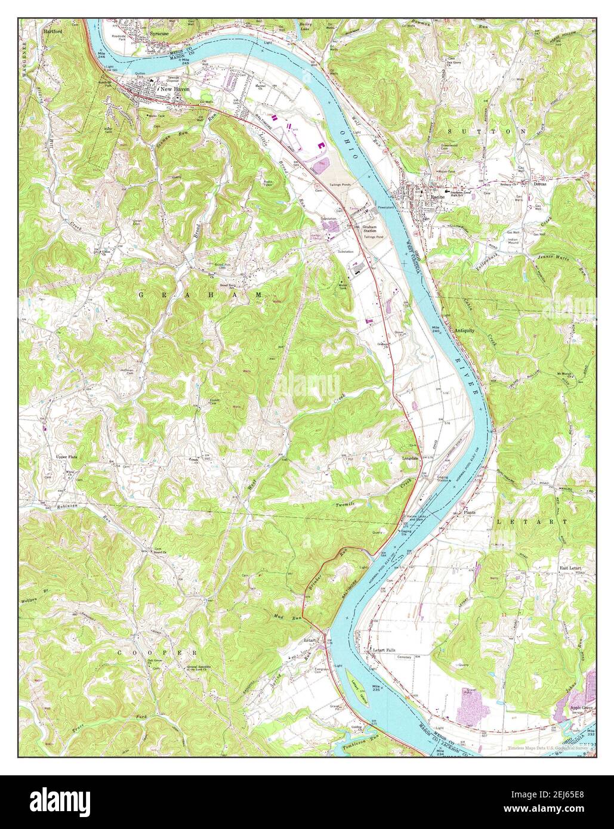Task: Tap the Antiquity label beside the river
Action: (464, 330)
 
